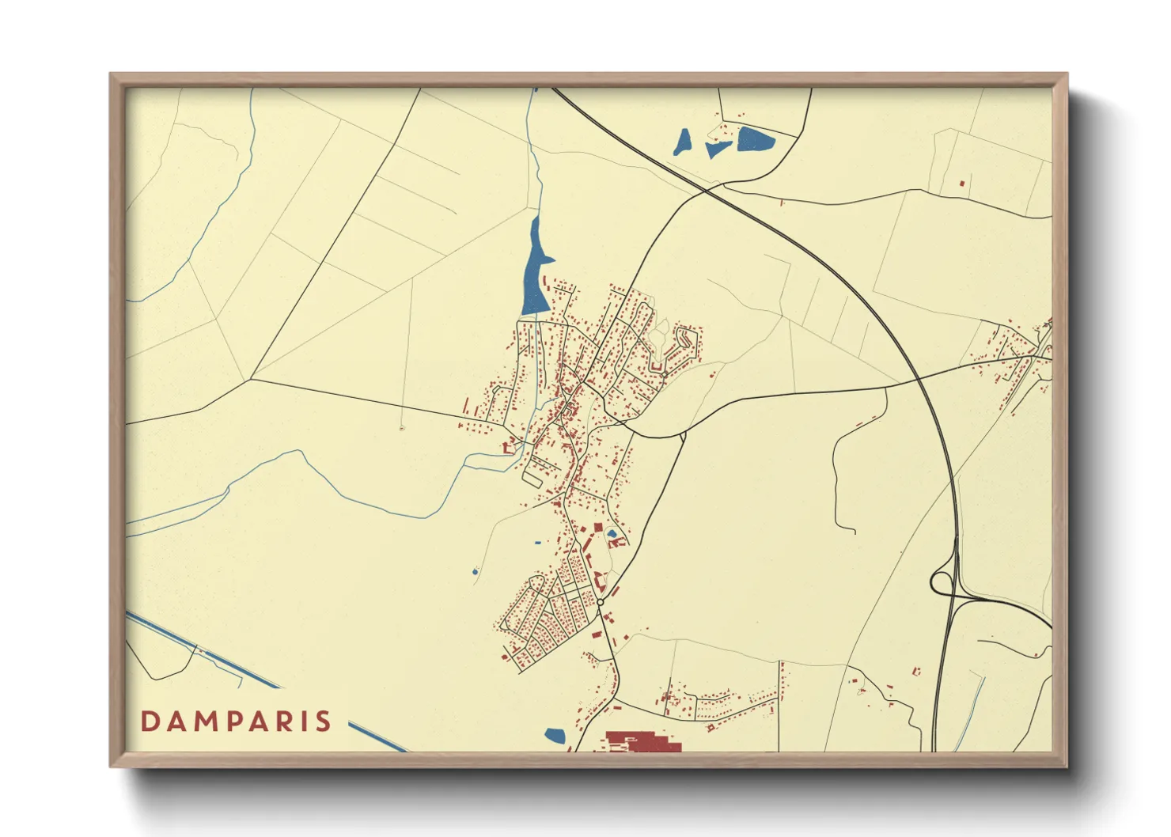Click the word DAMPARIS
[236, 721]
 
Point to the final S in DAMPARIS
[324, 721]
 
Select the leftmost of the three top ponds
[682, 142]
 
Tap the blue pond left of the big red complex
[555, 736]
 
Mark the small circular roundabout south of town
[601, 603]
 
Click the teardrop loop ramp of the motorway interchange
[941, 582]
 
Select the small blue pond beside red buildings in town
[612, 534]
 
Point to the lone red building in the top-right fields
[962, 184]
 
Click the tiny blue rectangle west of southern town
[538, 543]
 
